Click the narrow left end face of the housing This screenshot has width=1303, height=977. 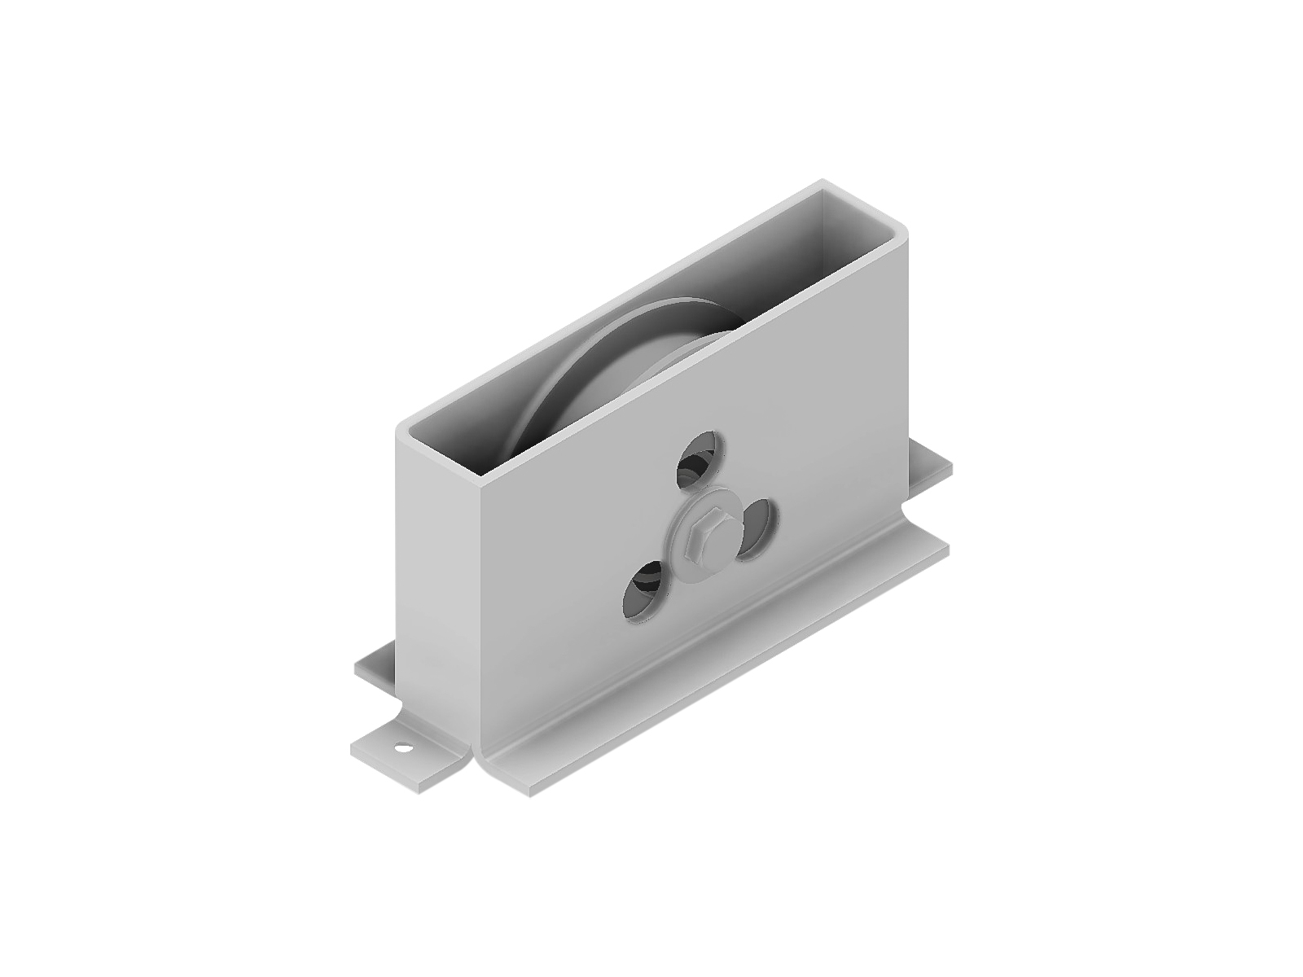tap(440, 570)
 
